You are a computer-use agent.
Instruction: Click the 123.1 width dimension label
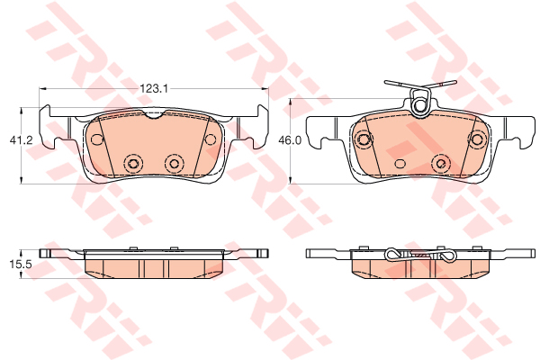coord(154,89)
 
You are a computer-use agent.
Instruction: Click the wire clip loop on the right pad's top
coord(419,102)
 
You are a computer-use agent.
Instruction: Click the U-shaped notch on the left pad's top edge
coord(157,114)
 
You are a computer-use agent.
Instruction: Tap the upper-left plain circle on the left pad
coord(97,139)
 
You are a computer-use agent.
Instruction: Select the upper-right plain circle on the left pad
coord(210,139)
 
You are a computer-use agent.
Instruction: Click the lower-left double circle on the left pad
coord(133,163)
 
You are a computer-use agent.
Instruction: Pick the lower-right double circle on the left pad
coord(174,163)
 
